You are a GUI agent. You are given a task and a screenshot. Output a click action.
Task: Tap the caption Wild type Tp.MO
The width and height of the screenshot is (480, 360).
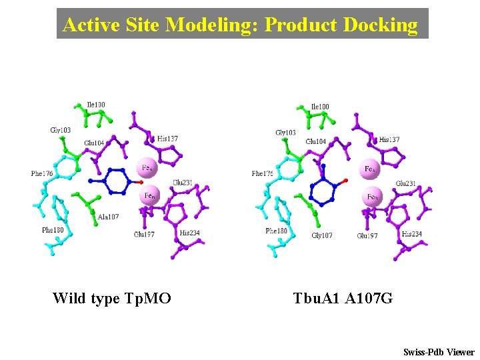pyautogui.click(x=112, y=298)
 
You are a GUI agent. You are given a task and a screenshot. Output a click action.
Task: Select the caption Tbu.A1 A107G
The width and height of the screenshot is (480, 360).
pyautogui.click(x=343, y=298)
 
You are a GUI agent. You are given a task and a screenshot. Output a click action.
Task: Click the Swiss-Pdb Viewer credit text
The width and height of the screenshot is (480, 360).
pyautogui.click(x=439, y=352)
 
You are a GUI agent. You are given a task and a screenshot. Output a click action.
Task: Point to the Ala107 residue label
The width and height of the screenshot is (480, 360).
pyautogui.click(x=108, y=217)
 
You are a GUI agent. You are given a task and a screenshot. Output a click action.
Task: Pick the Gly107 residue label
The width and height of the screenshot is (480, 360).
pyautogui.click(x=323, y=235)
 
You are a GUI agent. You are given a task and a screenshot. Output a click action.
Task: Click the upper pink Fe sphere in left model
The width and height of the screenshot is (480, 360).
pyautogui.click(x=147, y=167)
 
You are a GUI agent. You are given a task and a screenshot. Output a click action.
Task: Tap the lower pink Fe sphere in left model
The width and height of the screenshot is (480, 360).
pyautogui.click(x=150, y=196)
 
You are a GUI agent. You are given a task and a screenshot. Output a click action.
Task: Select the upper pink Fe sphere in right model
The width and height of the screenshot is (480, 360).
pyautogui.click(x=369, y=169)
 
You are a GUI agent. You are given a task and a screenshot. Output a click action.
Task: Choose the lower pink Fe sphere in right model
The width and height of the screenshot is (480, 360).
pyautogui.click(x=373, y=197)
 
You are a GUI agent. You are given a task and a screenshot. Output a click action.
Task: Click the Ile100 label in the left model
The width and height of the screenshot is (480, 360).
pyautogui.click(x=96, y=105)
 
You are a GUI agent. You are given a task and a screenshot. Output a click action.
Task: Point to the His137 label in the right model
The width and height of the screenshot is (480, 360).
pyautogui.click(x=389, y=140)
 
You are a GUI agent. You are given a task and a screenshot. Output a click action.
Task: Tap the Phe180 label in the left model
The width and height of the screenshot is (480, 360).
pyautogui.click(x=52, y=229)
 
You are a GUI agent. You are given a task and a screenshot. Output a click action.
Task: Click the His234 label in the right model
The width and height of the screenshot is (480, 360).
pyautogui.click(x=412, y=234)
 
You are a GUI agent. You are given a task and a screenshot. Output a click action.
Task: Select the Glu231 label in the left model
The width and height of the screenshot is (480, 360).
pyautogui.click(x=183, y=183)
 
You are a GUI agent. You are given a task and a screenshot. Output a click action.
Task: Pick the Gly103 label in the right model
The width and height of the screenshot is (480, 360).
pyautogui.click(x=285, y=133)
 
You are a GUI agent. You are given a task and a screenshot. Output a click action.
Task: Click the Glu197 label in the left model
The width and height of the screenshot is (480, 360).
pyautogui.click(x=144, y=234)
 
